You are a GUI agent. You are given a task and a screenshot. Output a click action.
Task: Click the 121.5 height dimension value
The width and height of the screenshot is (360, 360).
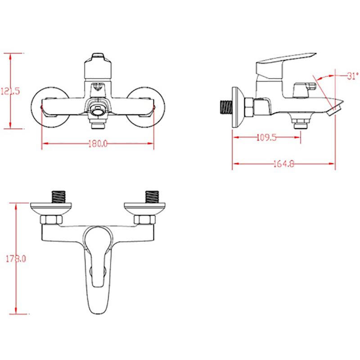pyautogui.click(x=10, y=91)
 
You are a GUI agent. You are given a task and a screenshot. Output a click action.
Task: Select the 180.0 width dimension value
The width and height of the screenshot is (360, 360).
pyautogui.click(x=98, y=144)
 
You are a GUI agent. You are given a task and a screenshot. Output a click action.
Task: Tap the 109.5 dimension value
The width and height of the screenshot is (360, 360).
pyautogui.click(x=266, y=138)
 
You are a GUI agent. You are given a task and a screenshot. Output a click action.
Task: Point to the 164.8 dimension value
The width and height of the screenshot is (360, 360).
pyautogui.click(x=284, y=164)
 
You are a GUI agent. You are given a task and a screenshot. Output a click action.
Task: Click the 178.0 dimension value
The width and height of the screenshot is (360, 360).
pyautogui.click(x=16, y=259)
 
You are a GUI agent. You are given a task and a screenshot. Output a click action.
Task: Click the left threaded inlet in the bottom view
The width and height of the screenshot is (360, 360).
pyautogui.click(x=58, y=197)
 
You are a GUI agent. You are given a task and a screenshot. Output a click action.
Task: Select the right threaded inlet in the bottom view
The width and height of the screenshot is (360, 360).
pyautogui.click(x=152, y=197)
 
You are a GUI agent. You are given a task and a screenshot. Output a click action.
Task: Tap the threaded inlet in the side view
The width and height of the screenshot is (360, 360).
pyautogui.click(x=226, y=107)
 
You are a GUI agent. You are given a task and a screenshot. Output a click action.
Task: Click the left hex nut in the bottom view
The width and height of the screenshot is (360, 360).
pyautogui.click(x=51, y=220)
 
